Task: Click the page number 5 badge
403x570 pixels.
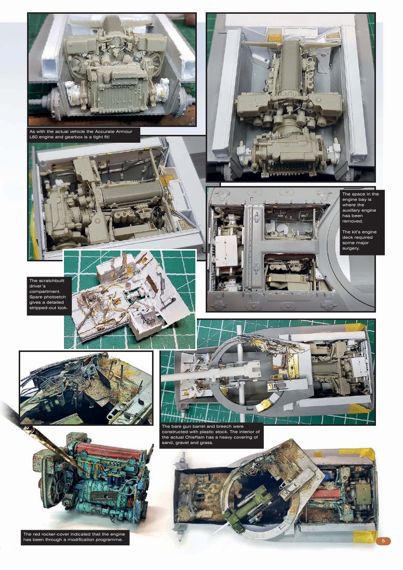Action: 383,541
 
